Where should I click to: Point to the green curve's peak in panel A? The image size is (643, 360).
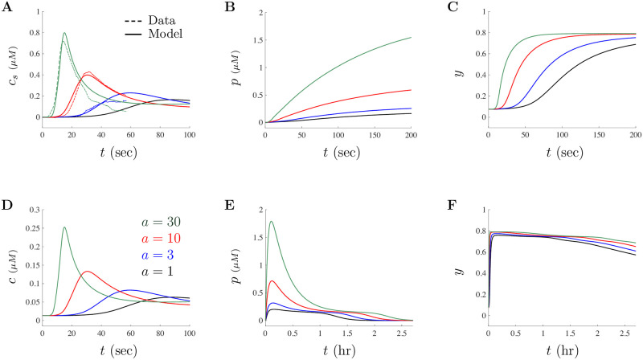click(x=64, y=33)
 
